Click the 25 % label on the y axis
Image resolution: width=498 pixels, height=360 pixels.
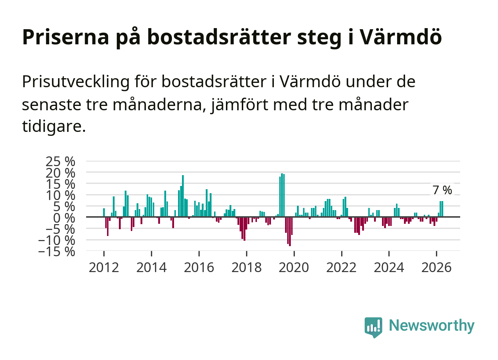(60, 161)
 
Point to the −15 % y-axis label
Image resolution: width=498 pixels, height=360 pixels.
(57, 252)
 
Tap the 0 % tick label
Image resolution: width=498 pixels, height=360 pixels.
(64, 218)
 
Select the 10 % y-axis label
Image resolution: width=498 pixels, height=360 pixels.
(60, 195)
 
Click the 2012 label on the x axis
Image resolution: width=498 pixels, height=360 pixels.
(104, 267)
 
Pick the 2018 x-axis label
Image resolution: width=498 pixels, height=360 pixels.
(246, 267)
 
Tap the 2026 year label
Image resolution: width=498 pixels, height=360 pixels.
(436, 267)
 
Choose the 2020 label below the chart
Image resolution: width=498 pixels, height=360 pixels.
(294, 267)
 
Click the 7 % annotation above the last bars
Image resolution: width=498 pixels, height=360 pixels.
(442, 190)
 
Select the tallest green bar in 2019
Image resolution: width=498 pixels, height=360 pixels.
(282, 195)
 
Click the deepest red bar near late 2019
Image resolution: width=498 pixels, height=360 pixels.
(290, 231)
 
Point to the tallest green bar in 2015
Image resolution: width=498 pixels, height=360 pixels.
(183, 196)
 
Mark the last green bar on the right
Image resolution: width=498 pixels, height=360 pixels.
(443, 209)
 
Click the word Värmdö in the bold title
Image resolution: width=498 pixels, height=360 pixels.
(401, 37)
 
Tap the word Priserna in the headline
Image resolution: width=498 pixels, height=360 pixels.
(66, 37)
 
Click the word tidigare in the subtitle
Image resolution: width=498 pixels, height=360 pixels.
(54, 126)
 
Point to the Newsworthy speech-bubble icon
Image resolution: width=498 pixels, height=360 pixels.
(373, 327)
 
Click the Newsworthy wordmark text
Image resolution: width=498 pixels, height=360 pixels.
(432, 326)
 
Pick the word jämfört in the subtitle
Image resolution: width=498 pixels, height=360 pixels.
(239, 105)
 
